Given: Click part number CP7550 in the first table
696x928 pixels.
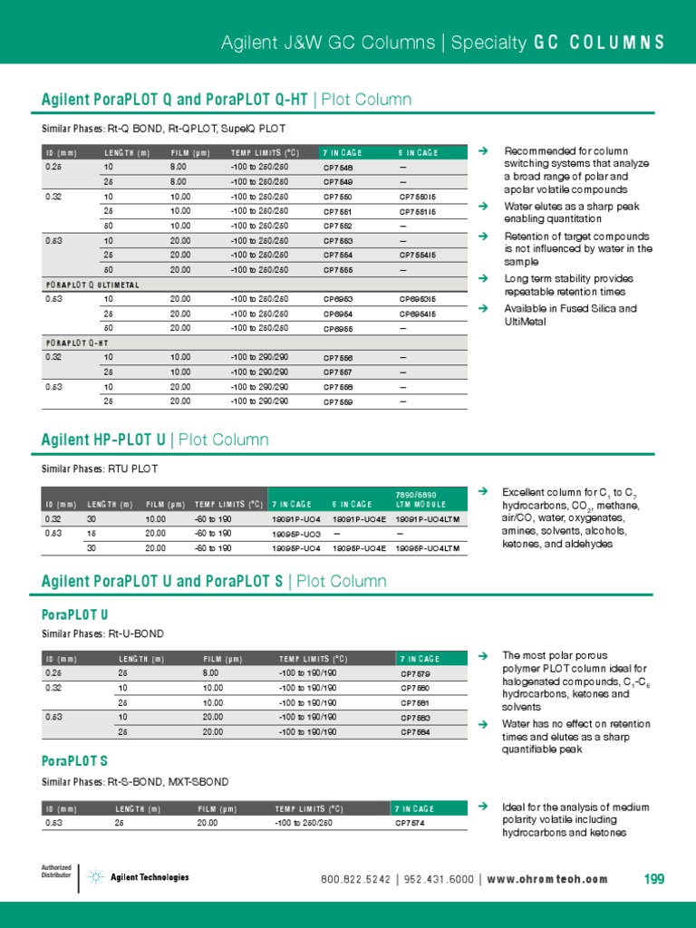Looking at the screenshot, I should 338,197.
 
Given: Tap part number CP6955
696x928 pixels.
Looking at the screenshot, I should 338,329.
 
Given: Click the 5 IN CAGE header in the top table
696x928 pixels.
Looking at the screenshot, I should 418,152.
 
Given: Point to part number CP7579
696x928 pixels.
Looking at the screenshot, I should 415,673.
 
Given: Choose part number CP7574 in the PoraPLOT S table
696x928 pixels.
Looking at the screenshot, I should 411,824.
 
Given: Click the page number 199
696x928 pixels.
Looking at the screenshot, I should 654,879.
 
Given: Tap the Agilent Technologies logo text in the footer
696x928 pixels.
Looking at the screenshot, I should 150,877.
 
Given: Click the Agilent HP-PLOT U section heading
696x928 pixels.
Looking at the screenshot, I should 103,440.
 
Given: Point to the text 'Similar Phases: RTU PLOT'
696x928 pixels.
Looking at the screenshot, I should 100,469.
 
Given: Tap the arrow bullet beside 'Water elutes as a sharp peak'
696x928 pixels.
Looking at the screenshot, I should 484,207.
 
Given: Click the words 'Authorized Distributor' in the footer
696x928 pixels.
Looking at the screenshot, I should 56,872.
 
